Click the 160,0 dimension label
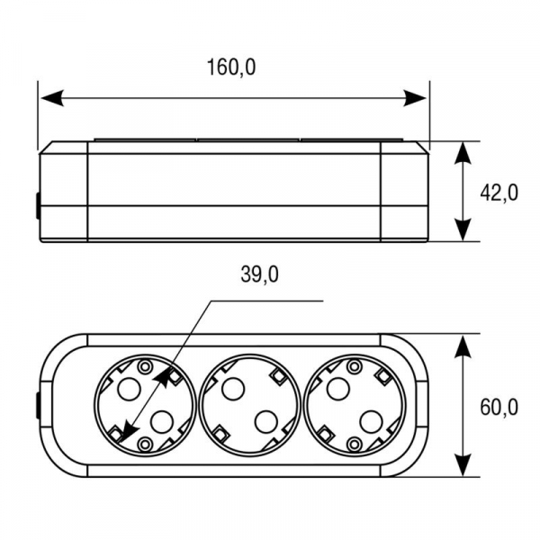click(231, 67)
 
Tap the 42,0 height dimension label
click(499, 193)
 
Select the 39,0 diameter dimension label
click(260, 274)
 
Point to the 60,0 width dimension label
click(499, 407)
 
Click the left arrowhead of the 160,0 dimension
click(52, 98)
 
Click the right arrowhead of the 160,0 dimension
click(415, 98)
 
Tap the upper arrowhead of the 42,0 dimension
click(463, 153)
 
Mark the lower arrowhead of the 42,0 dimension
click(463, 229)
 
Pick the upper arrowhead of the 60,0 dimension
click(463, 346)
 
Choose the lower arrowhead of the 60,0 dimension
click(463, 465)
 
